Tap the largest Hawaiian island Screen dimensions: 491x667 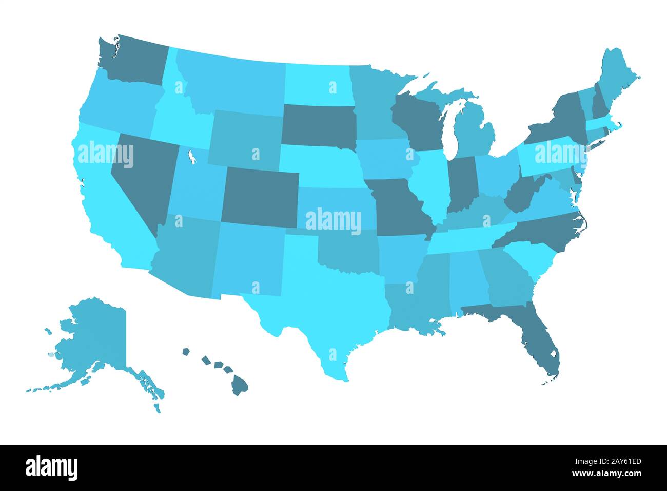pos(239,385)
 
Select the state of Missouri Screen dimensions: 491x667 pos(400,205)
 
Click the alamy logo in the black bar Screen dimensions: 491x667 pos(51,467)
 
